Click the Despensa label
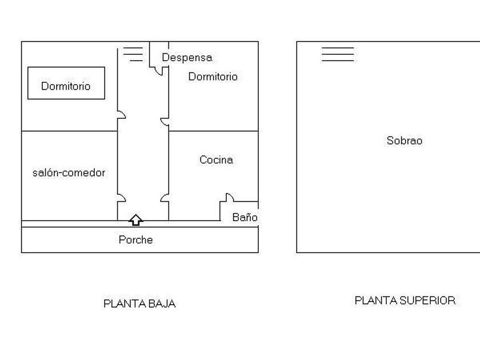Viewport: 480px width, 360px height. tap(187, 58)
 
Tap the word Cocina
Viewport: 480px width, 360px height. tap(216, 159)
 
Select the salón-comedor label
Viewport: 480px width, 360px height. tap(69, 173)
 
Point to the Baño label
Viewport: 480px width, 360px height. tap(245, 217)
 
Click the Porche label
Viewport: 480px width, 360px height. tap(135, 239)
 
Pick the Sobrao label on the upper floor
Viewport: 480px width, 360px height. tap(405, 141)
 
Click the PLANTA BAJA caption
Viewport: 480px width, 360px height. tap(139, 303)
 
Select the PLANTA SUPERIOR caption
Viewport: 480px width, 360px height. tap(405, 301)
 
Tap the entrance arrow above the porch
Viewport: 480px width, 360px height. tap(135, 220)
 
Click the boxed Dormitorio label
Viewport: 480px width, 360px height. tap(66, 86)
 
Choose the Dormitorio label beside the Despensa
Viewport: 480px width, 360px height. tap(213, 77)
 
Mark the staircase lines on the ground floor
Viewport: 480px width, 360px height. tap(133, 54)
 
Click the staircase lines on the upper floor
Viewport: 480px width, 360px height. tap(338, 54)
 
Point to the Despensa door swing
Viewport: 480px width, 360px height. tap(159, 71)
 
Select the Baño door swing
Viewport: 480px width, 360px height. tap(230, 198)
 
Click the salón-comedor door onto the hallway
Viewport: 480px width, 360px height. tap(122, 198)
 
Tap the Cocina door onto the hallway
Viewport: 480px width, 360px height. tap(165, 198)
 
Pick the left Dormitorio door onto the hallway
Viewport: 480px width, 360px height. tap(122, 114)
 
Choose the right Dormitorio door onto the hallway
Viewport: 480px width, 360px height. tap(165, 122)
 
